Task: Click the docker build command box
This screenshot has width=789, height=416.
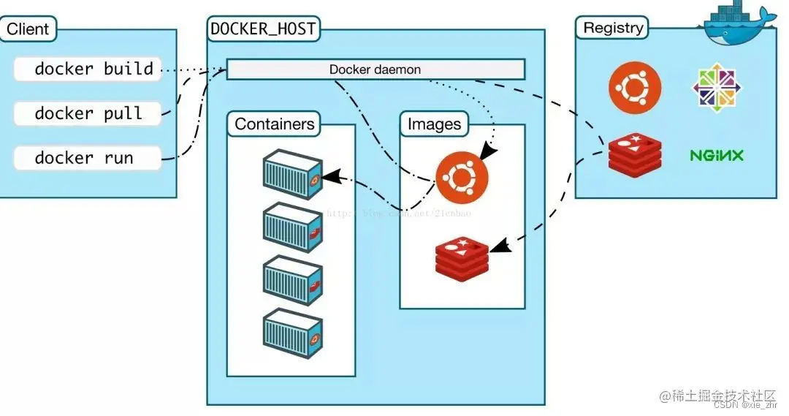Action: (88, 69)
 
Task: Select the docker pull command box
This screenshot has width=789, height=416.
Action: (88, 113)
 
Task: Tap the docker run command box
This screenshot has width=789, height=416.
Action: (88, 158)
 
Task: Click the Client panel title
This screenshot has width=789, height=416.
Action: (28, 29)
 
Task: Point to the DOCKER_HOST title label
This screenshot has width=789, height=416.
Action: (264, 29)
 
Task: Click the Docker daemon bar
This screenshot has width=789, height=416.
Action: (376, 69)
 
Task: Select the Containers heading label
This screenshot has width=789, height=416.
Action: (275, 124)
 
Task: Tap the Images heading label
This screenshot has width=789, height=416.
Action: (434, 124)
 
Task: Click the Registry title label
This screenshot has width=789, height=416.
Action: (614, 28)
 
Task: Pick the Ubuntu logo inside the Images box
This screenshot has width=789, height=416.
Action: (462, 178)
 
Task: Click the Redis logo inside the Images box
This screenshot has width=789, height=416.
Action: (462, 257)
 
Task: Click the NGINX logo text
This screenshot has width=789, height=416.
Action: (717, 155)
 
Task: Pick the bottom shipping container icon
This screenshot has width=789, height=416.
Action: (293, 333)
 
